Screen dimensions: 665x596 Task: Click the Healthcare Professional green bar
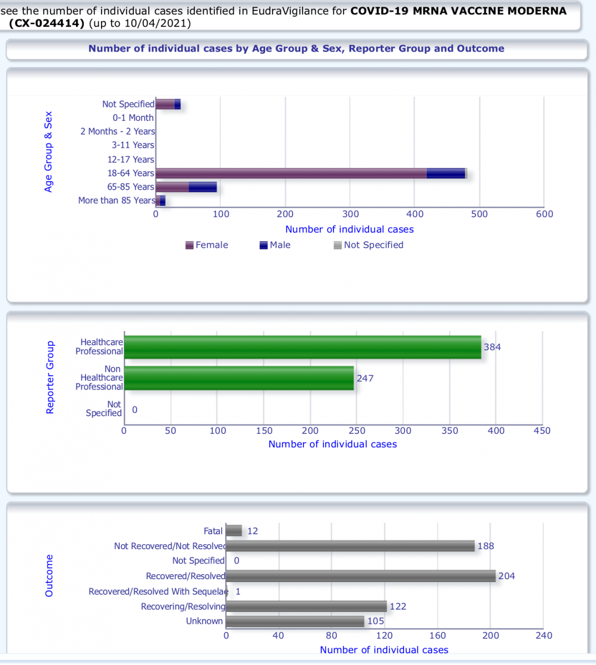pos(302,347)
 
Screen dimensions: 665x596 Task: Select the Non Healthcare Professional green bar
pos(239,378)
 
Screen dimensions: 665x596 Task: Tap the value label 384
pos(492,347)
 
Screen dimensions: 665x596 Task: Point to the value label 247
pos(365,378)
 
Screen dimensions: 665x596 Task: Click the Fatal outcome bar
pos(234,531)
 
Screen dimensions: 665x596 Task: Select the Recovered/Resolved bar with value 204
pos(361,576)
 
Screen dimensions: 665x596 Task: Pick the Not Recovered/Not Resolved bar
pos(350,546)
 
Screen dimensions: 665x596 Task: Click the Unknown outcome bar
pos(295,621)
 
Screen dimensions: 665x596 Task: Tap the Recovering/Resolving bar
pos(306,606)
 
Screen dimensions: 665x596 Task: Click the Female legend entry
pos(207,245)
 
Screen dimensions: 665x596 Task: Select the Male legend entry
pos(275,245)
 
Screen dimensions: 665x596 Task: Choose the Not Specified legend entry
pos(368,245)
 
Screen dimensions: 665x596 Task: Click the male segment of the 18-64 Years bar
pos(446,173)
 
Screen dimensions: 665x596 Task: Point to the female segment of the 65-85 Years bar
pos(172,187)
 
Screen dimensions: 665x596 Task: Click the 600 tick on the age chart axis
pos(544,214)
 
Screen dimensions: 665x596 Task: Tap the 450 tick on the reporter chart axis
pos(542,431)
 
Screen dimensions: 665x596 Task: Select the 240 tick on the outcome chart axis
pos(544,636)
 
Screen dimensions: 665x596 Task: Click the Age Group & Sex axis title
pos(49,152)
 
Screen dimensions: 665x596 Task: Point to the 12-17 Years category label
pos(131,160)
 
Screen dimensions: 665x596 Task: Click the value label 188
pos(486,546)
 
